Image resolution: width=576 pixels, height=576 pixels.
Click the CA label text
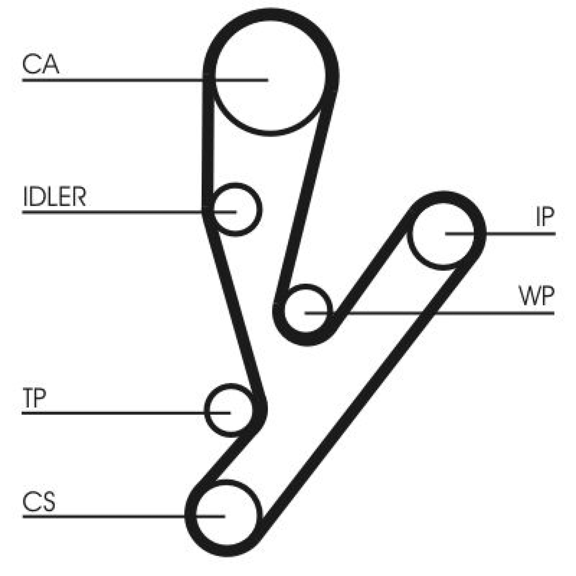coord(40,65)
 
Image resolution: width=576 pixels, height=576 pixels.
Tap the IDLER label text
coord(54,196)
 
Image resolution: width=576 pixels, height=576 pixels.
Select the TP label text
coord(34,397)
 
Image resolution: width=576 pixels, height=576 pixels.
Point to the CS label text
coord(39,502)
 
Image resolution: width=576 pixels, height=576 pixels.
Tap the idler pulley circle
coord(236,210)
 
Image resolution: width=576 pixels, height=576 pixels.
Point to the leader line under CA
coord(145,79)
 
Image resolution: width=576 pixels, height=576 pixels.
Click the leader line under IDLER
coord(129,212)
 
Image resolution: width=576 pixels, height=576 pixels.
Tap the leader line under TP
coord(126,413)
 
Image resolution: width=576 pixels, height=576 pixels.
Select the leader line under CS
coord(124,517)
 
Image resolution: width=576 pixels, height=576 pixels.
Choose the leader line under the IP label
coord(501,234)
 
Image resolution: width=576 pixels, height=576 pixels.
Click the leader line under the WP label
coord(430,313)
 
